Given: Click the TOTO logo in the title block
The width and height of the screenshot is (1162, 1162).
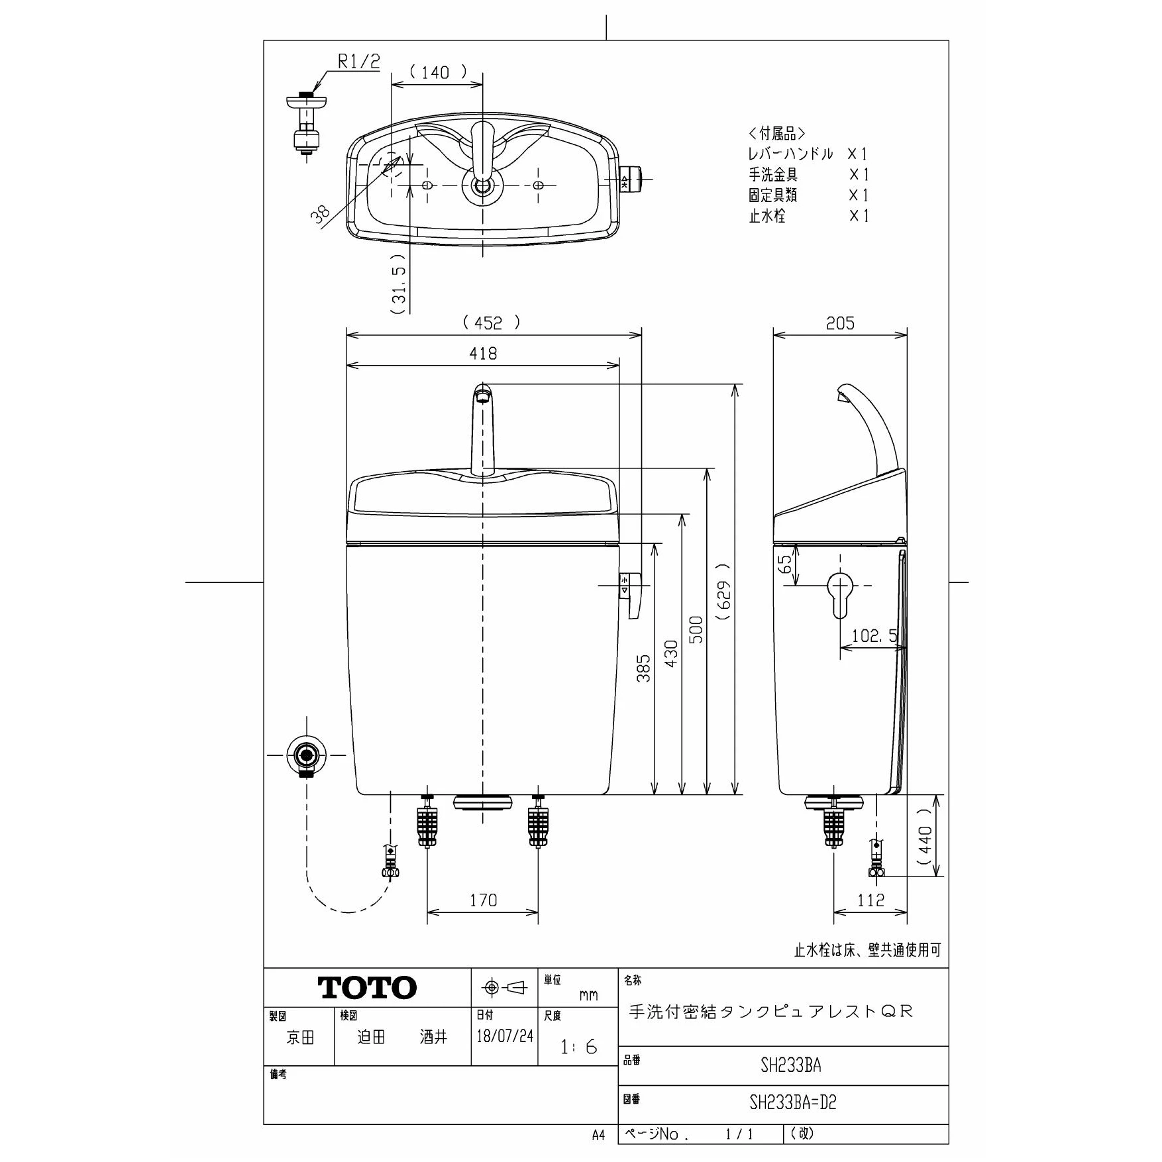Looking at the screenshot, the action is (368, 988).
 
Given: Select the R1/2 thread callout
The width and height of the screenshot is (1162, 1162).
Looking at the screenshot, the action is (359, 62).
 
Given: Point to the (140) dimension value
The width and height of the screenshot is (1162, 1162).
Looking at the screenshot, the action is (436, 72).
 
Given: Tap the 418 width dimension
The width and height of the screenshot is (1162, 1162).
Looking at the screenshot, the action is (483, 354).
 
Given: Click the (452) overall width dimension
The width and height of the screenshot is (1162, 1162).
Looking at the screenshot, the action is (491, 323).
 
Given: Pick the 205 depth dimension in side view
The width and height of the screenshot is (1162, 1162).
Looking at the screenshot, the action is (840, 323).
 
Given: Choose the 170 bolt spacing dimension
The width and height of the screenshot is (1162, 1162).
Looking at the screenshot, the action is (483, 900).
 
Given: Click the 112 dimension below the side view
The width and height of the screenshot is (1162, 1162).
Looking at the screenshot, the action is (871, 900).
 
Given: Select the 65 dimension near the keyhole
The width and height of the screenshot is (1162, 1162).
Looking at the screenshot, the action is (785, 564).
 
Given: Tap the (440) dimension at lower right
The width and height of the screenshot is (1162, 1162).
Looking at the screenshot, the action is (925, 836).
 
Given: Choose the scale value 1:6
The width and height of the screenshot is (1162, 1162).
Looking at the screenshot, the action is (578, 1047).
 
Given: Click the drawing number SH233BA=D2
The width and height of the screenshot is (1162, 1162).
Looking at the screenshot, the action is (793, 1102).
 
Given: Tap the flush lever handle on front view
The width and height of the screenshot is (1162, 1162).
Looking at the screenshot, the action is (631, 595).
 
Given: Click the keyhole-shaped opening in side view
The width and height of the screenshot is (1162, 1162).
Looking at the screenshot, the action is (840, 592).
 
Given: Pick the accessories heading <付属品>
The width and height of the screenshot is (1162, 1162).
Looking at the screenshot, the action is (777, 134).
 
